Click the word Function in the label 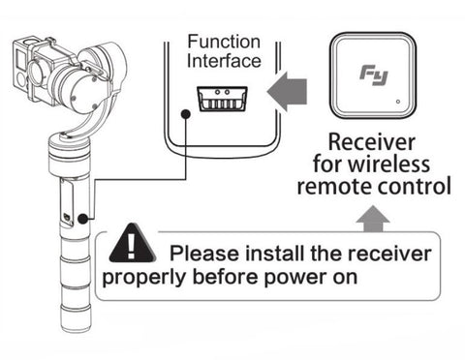point(224,42)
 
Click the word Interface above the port point(224,61)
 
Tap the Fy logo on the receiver point(374,75)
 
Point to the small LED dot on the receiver point(398,102)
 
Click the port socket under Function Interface point(222,99)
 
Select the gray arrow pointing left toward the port point(287,91)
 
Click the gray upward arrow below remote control point(373,220)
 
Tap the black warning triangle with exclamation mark point(133,244)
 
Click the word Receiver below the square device point(372,142)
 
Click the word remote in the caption point(334,187)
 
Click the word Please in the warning point(204,254)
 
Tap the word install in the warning point(274,254)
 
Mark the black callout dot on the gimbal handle point(83,219)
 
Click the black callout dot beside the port point(185,113)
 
